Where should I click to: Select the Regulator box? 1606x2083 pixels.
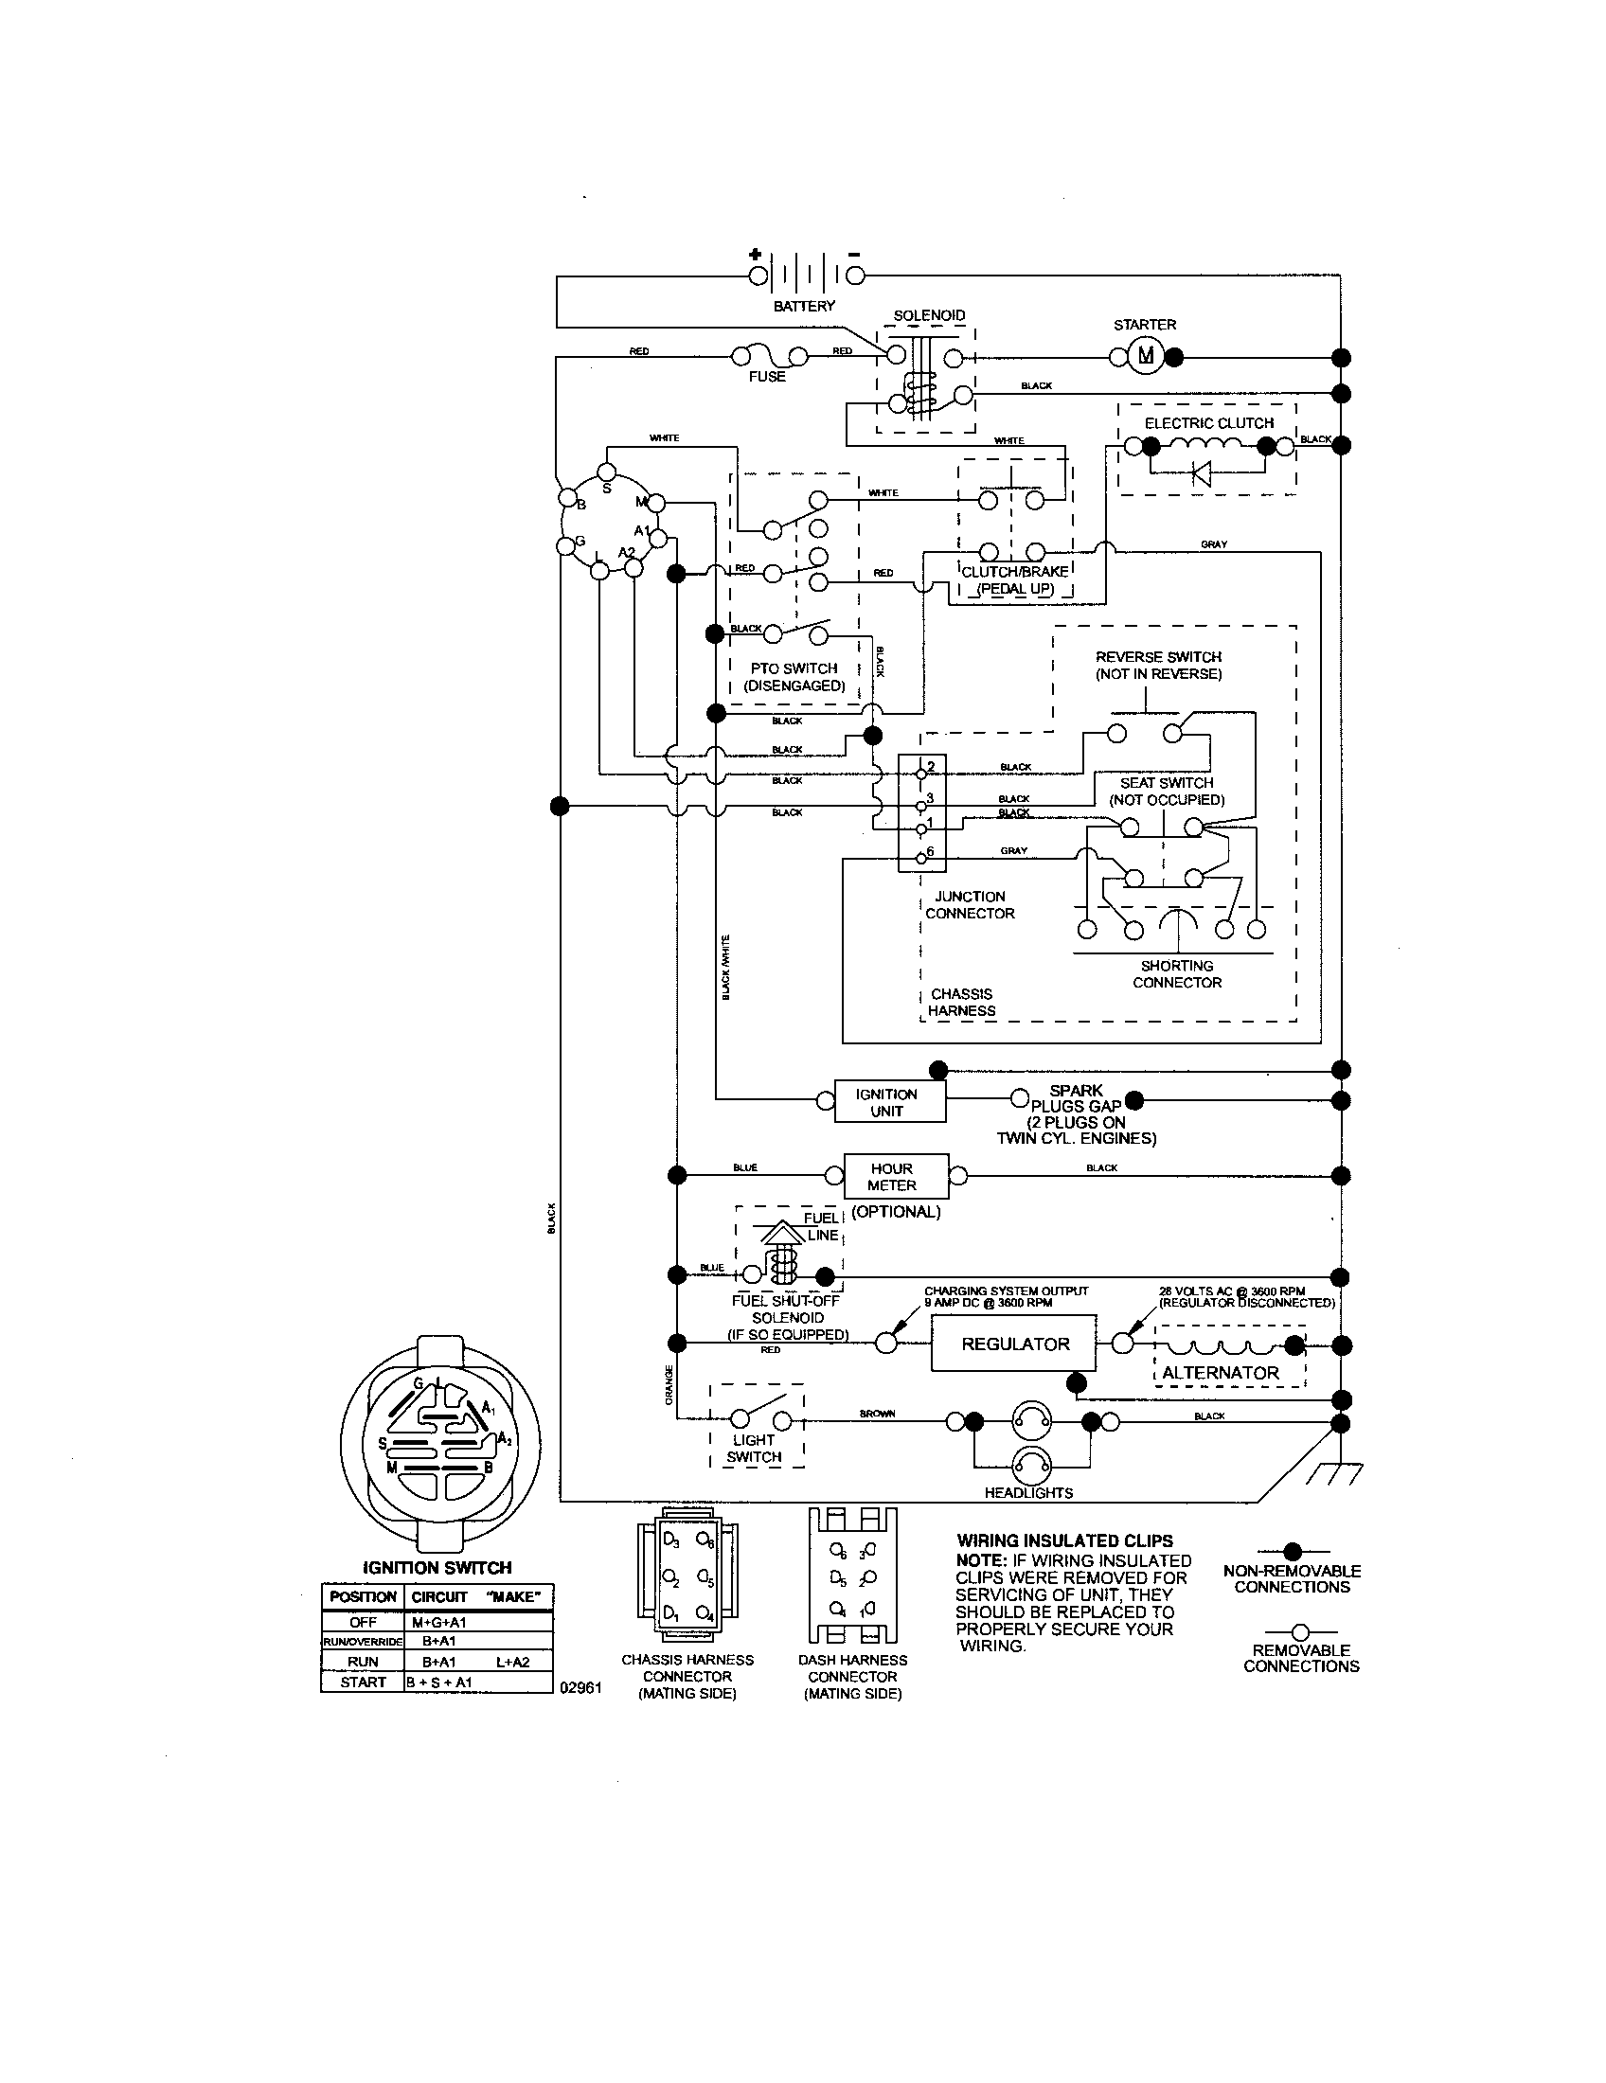[1014, 1344]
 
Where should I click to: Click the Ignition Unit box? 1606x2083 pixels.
[889, 1102]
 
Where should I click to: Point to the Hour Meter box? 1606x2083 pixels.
[895, 1177]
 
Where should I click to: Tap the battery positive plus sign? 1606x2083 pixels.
[756, 255]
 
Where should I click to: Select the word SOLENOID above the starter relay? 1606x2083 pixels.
[929, 315]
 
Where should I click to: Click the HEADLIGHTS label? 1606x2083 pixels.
[1028, 1492]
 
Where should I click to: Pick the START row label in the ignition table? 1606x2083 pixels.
[364, 1682]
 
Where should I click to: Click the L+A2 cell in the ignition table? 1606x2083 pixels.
[512, 1662]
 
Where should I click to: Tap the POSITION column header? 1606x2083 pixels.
[363, 1596]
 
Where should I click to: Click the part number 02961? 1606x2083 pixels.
[580, 1687]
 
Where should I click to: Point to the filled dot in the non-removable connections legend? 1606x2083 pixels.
[1293, 1550]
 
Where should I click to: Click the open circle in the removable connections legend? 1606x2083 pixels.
[1299, 1632]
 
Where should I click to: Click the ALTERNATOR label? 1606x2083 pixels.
[1220, 1374]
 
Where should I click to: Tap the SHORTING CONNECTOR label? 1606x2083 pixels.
[1176, 973]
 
